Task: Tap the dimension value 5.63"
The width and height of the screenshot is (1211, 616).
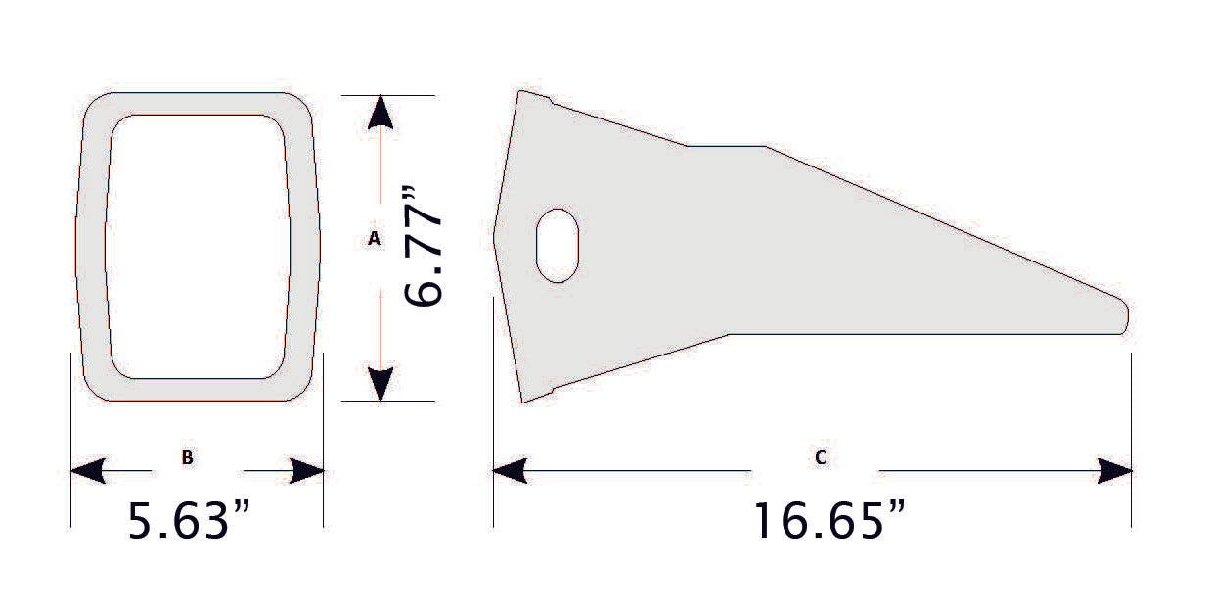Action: (x=191, y=521)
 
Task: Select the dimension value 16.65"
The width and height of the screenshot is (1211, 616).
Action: (x=828, y=521)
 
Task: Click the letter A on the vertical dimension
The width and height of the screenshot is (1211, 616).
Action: (x=373, y=238)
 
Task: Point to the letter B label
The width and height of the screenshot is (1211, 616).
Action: (x=187, y=457)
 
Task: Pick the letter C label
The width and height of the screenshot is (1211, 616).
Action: (x=820, y=457)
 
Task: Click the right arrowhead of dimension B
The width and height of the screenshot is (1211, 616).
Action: (x=307, y=472)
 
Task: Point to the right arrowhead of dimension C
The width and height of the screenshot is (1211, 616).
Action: (x=1115, y=472)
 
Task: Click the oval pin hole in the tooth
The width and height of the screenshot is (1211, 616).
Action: (x=558, y=245)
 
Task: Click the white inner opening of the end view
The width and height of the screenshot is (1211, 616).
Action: (x=198, y=246)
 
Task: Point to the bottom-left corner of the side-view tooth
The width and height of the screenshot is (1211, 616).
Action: (x=522, y=401)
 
